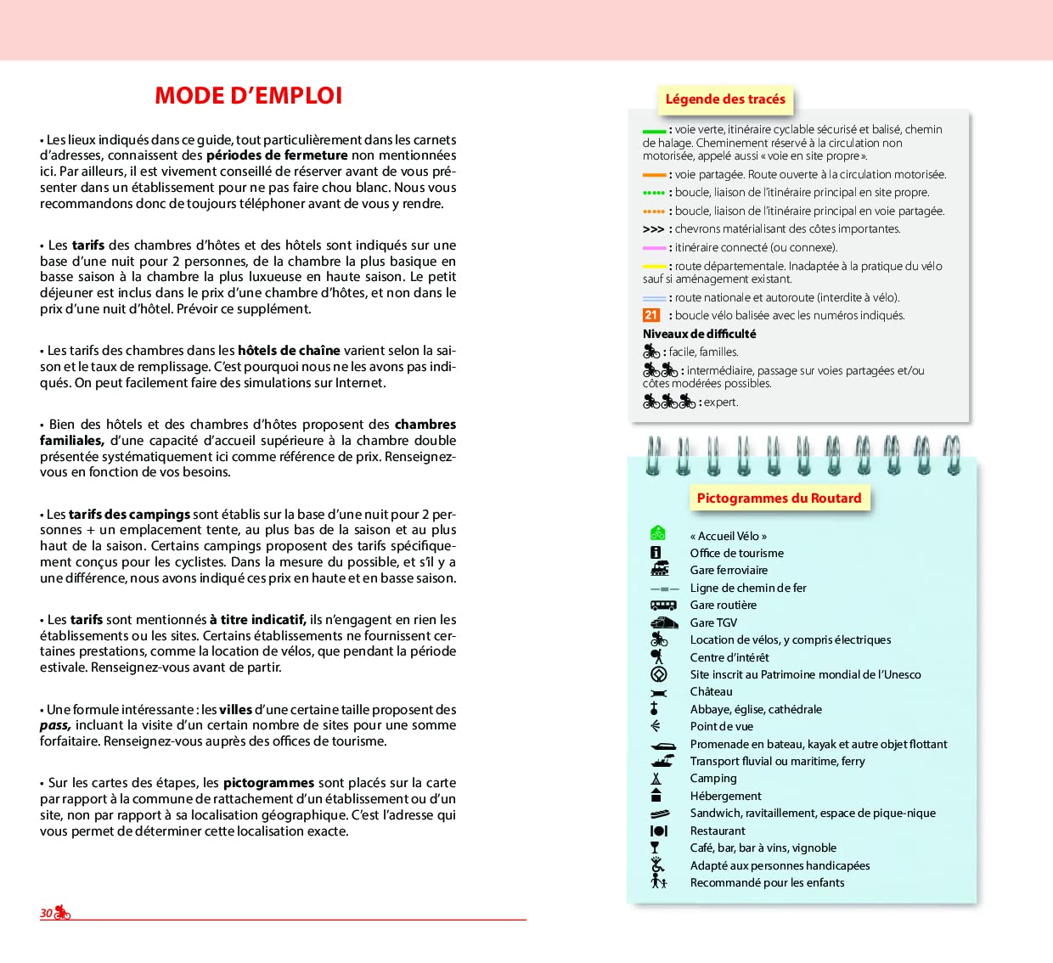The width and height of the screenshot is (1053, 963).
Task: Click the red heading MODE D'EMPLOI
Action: tap(248, 96)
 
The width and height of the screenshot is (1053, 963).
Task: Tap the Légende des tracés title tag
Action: tap(725, 99)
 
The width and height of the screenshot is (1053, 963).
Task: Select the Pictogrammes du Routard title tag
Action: tap(779, 498)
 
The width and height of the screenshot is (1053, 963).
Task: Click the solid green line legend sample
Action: tap(654, 131)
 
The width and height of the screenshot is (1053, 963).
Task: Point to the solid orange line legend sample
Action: tap(654, 175)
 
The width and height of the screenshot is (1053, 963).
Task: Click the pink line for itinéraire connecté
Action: tap(654, 248)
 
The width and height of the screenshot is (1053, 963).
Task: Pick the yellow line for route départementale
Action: tap(654, 267)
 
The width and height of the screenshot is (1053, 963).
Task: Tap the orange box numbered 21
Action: tap(651, 315)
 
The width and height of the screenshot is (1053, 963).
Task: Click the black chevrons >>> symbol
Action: tap(653, 229)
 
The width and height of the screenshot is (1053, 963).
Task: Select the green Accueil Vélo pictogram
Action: tap(658, 533)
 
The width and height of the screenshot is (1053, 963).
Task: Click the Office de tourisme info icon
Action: tap(656, 553)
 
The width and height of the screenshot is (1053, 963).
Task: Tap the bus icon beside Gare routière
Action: tap(663, 605)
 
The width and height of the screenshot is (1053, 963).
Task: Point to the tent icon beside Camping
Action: tap(656, 779)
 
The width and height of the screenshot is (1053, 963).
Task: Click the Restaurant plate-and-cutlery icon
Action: tap(659, 831)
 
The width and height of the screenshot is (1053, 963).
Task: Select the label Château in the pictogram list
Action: tap(711, 692)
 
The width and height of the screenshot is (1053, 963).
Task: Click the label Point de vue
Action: tap(721, 727)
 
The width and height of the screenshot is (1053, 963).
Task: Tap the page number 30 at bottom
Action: tap(46, 913)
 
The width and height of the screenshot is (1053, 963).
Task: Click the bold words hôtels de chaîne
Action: tap(289, 351)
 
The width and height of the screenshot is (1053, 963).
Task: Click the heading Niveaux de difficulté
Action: tap(699, 334)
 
